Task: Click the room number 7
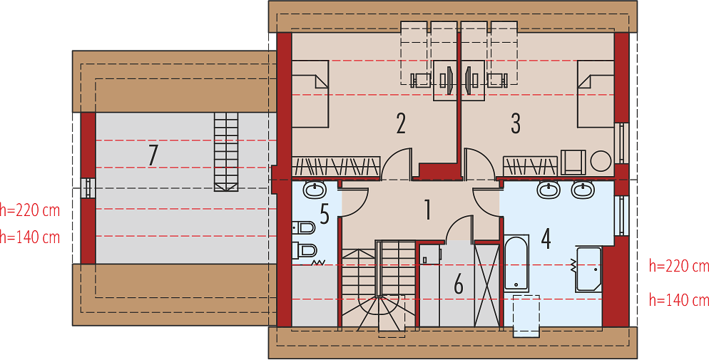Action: tap(153, 155)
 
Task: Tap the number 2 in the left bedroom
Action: tap(401, 123)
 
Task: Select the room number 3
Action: tap(516, 123)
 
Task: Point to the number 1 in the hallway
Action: tap(427, 210)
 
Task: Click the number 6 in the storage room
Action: tap(459, 285)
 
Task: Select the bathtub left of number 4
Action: tap(516, 262)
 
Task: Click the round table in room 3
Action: tap(601, 161)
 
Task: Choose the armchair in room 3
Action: tap(573, 162)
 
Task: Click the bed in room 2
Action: tap(310, 94)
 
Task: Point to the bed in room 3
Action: tap(596, 94)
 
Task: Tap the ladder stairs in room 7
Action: tap(226, 152)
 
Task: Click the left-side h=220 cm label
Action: tap(30, 210)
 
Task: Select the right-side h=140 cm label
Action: tap(679, 299)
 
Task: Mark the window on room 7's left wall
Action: tap(88, 188)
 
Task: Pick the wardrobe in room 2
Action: tap(336, 166)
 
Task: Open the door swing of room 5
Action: tap(355, 202)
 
